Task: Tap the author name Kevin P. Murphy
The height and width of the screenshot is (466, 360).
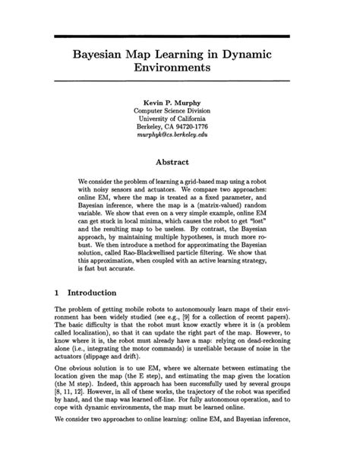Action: [x=180, y=101]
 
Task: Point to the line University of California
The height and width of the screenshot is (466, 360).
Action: [x=180, y=119]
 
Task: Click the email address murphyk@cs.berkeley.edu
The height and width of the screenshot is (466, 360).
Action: [x=180, y=138]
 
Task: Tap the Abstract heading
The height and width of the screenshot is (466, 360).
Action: [x=180, y=162]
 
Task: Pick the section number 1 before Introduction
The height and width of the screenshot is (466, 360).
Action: [x=58, y=292]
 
